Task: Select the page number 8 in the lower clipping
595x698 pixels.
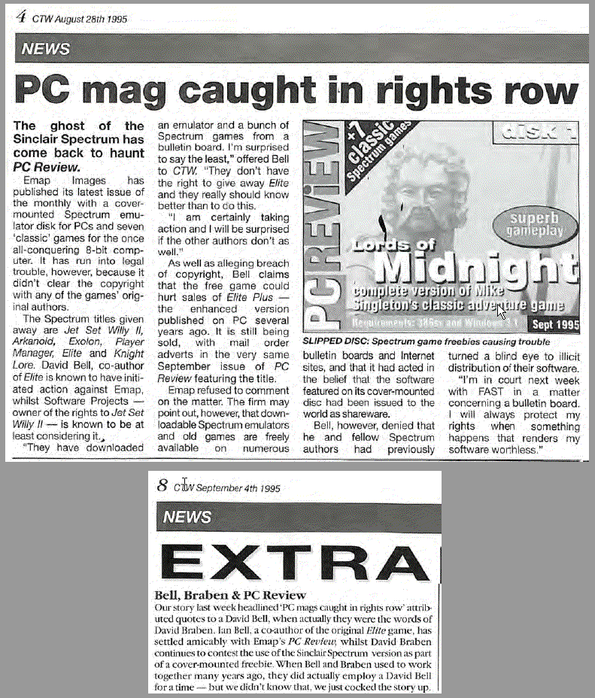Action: coord(162,487)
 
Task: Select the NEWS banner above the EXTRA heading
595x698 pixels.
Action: coord(187,517)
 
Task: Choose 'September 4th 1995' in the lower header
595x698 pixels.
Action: coord(238,488)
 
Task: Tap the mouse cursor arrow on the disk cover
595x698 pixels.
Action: coord(501,310)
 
